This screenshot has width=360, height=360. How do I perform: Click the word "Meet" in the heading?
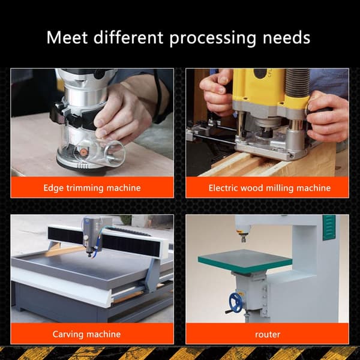tap(67, 37)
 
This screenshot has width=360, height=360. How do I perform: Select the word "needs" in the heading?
tap(286, 38)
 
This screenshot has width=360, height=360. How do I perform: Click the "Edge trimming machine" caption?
tap(92, 188)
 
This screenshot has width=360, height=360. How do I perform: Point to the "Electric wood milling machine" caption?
tap(269, 188)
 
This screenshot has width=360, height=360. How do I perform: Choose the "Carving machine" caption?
tap(86, 334)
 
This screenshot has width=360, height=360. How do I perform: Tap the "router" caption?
tap(268, 335)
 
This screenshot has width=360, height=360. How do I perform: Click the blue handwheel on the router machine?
tap(235, 303)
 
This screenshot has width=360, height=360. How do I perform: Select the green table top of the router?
tap(245, 261)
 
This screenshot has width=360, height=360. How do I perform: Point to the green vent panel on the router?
tap(329, 227)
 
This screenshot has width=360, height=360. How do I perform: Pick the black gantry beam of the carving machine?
tap(104, 241)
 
